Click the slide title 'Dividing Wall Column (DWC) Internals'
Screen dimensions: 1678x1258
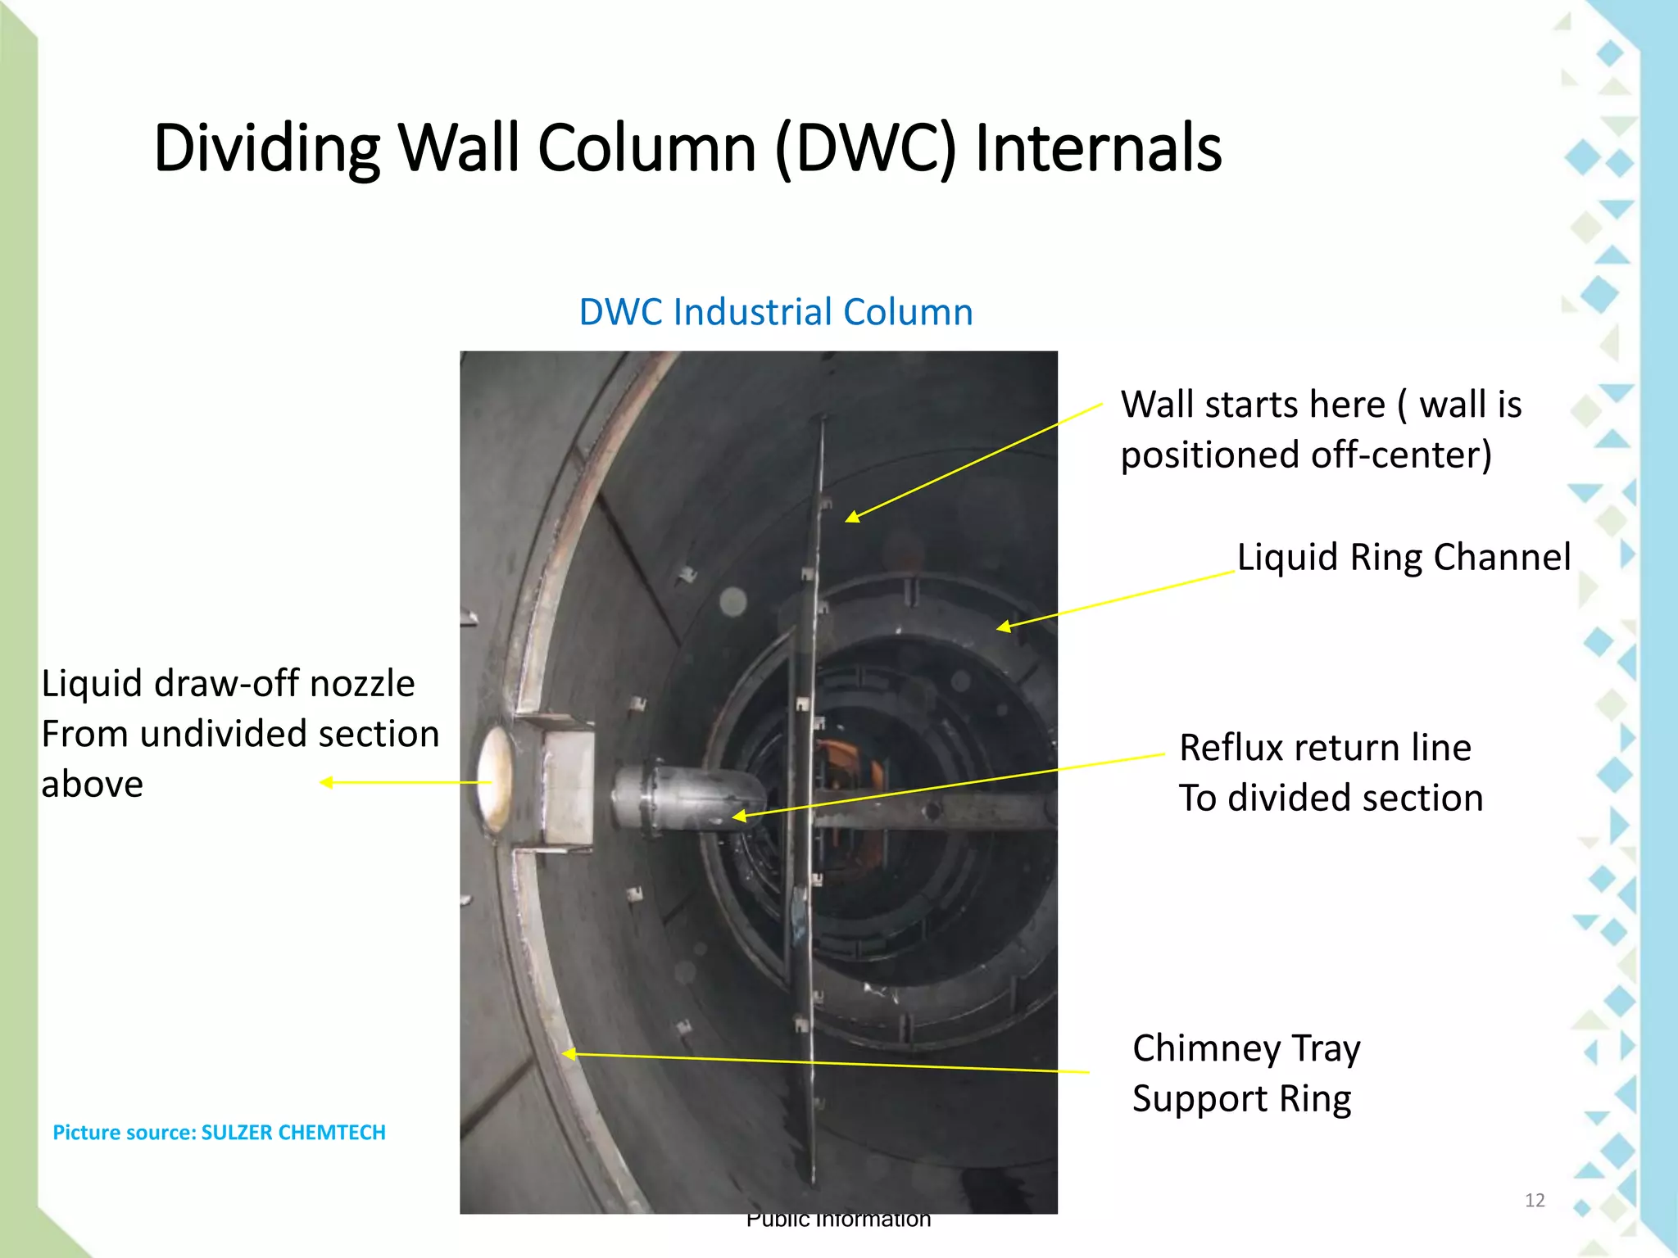[687, 148]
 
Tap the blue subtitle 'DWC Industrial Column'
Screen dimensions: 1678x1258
[776, 312]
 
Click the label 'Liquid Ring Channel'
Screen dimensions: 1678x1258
[1404, 557]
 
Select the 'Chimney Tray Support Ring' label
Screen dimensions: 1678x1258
[1246, 1074]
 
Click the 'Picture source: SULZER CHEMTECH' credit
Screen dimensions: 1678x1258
[219, 1132]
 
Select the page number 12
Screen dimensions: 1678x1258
[1535, 1200]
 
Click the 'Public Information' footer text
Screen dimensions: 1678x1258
[838, 1220]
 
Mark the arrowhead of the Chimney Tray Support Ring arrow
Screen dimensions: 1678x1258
[566, 1054]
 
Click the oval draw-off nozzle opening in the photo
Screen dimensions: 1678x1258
[494, 781]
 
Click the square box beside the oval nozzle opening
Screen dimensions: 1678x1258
[568, 786]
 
